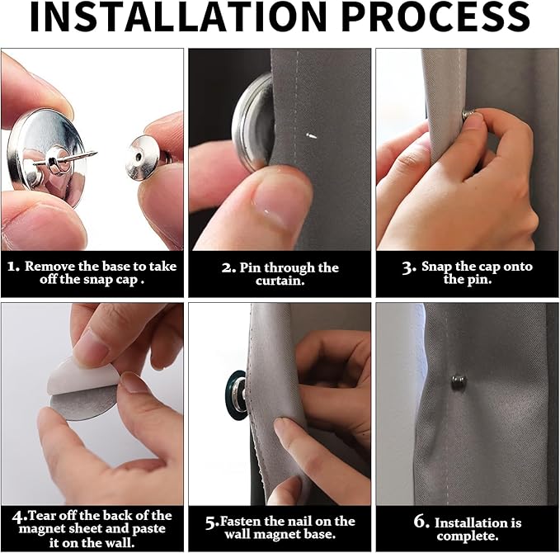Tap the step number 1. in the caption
coord(12,267)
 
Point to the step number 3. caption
coord(408,267)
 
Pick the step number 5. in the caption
coord(211,522)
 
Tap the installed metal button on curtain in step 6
coord(459,381)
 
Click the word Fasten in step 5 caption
coord(242,521)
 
